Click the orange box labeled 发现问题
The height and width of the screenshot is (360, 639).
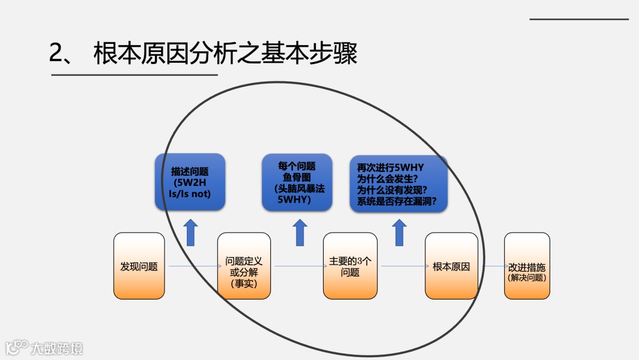(139, 266)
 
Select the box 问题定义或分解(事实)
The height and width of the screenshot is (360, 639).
(244, 266)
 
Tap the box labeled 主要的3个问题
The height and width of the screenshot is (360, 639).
(350, 266)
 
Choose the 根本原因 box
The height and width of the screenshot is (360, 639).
(451, 266)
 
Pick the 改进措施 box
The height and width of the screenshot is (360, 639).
(527, 266)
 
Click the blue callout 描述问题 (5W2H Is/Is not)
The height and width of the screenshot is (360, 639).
(190, 182)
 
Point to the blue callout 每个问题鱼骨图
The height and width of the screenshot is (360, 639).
(297, 182)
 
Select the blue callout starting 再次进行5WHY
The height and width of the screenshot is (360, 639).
(398, 184)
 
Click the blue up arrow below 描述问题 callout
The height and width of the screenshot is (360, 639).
(191, 233)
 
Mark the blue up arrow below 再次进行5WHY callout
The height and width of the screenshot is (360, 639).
(399, 233)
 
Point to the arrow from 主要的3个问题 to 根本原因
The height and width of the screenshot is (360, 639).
(402, 266)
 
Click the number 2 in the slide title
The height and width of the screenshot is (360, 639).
(57, 54)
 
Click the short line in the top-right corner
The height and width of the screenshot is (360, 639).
(579, 20)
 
